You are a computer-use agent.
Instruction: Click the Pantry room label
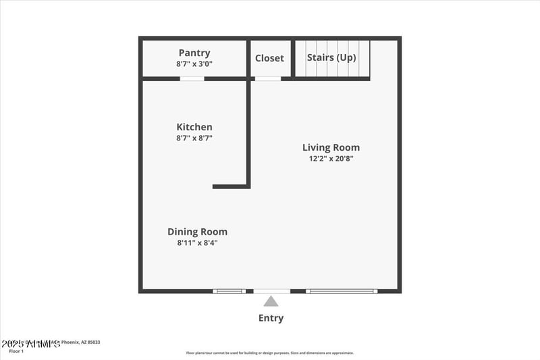coord(194,53)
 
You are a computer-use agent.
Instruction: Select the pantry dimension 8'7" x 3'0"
coord(194,63)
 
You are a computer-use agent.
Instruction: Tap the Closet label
coord(269,58)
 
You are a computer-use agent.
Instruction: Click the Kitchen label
coord(194,127)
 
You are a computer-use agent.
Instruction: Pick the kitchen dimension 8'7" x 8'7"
coord(194,138)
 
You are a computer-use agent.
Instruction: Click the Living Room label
coord(331,147)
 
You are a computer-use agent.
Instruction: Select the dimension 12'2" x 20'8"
coord(331,159)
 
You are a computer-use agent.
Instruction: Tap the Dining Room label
coord(197,232)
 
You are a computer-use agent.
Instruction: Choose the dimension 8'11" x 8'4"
coord(197,242)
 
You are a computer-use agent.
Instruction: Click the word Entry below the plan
coord(271,318)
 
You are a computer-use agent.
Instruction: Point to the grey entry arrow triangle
coord(271,302)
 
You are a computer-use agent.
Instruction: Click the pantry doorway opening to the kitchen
coord(192,78)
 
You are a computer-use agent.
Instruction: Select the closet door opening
coord(267,78)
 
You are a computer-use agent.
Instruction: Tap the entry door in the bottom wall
coord(271,291)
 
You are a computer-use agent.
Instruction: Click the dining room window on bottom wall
coord(230,291)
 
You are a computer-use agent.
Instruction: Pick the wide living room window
coord(342,291)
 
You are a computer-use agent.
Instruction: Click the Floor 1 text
coord(16,351)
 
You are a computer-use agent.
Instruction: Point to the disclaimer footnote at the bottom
coord(270,353)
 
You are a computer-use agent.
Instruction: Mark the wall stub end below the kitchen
coord(215,186)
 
